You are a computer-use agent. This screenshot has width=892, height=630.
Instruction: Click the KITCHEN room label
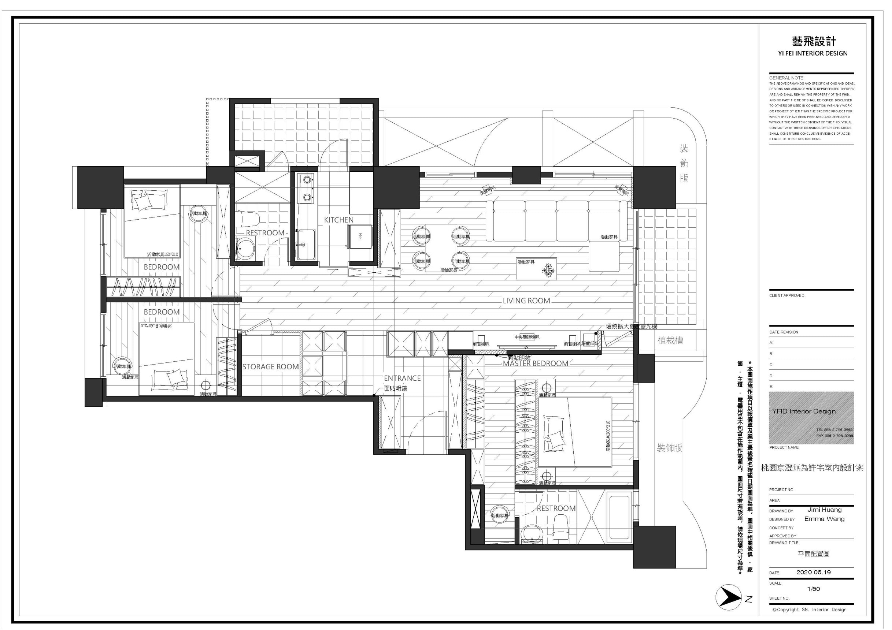coord(339,220)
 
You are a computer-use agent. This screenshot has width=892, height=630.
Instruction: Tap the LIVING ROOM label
coord(526,301)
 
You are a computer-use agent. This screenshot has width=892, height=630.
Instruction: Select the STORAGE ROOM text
coord(270,367)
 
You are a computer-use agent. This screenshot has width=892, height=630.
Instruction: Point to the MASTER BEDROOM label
coord(535,364)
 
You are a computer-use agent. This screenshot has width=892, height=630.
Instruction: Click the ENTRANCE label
coord(402,379)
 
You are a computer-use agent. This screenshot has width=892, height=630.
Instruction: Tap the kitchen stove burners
coord(307,188)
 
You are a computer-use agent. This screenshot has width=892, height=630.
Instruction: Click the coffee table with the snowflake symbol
coord(536,269)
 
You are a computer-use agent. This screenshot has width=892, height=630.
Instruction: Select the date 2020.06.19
coord(813,572)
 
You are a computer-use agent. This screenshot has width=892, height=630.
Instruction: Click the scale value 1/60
coord(813,589)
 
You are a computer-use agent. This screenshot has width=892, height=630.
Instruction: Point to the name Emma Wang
coord(824,519)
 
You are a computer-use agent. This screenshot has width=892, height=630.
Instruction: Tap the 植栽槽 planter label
coord(670,340)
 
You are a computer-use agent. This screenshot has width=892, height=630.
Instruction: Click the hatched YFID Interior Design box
coord(811,418)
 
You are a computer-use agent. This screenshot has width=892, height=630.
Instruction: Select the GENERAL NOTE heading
coord(786,78)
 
